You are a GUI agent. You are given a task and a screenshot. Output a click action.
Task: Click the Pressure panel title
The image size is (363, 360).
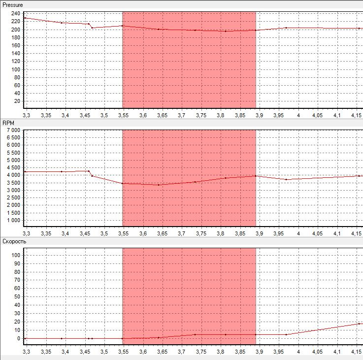(13, 4)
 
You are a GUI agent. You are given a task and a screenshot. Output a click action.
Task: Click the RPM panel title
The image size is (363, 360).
(8, 123)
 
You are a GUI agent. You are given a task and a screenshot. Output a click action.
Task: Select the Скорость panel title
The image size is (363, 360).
(14, 241)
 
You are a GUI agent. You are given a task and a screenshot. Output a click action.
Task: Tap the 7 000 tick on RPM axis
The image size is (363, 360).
(12, 130)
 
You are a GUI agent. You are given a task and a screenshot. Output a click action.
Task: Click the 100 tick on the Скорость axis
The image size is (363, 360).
(15, 255)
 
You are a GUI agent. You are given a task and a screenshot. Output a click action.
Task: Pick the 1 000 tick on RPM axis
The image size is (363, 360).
(12, 220)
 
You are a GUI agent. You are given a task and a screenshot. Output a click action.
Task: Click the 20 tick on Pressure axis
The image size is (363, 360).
(18, 101)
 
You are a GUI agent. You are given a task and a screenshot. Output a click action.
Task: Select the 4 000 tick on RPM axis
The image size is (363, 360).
(12, 175)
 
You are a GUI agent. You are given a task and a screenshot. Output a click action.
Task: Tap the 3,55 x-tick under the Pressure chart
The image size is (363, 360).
(123, 115)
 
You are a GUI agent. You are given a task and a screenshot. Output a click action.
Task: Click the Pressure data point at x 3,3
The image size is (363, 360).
(25, 18)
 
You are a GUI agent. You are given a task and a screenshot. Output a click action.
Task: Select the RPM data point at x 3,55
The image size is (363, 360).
(123, 183)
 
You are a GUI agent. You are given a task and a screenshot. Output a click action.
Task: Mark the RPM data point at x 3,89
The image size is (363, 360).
(256, 176)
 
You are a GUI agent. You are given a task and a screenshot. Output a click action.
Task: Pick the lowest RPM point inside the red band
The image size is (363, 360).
(159, 185)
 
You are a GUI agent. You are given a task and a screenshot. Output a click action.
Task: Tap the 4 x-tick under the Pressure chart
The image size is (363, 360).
(298, 115)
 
